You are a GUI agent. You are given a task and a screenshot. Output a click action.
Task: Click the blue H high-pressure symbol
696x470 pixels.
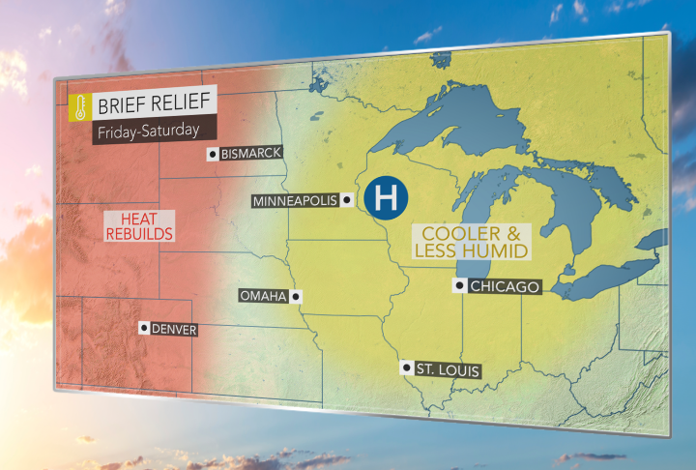(x=387, y=197)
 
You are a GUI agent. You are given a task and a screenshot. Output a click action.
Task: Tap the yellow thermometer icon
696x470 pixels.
(x=78, y=106)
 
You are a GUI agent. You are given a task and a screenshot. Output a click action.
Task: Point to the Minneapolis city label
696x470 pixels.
(x=294, y=201)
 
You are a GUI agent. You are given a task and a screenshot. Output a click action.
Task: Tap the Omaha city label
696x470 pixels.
(x=262, y=296)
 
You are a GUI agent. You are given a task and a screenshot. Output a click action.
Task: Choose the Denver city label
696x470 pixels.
(x=174, y=330)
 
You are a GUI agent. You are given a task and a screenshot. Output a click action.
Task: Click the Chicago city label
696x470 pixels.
(x=505, y=286)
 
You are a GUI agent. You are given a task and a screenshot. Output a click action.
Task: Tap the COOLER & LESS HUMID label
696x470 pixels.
(x=472, y=242)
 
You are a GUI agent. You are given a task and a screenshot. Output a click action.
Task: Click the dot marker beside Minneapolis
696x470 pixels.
(x=345, y=201)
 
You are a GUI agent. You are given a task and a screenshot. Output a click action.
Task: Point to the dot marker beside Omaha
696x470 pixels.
(x=296, y=296)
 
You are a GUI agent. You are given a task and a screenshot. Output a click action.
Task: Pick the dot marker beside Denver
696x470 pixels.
(x=144, y=329)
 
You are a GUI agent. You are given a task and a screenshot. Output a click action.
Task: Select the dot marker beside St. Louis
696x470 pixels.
(x=406, y=368)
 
